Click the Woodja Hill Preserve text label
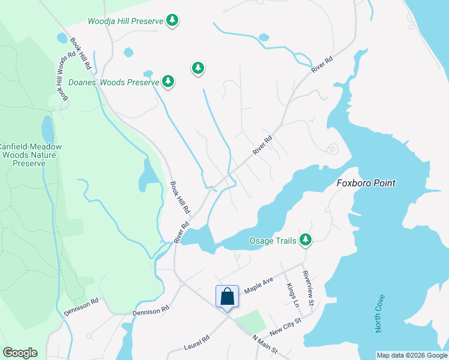click(x=125, y=21)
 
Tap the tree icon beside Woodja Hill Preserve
click(x=173, y=20)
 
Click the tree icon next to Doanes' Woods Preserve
click(x=169, y=81)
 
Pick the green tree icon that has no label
click(x=198, y=68)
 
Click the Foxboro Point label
click(x=366, y=183)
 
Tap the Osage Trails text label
click(x=273, y=241)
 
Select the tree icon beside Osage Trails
click(x=306, y=240)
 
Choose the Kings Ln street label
click(x=292, y=295)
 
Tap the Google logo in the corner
click(x=20, y=353)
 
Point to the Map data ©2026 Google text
click(x=412, y=355)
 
